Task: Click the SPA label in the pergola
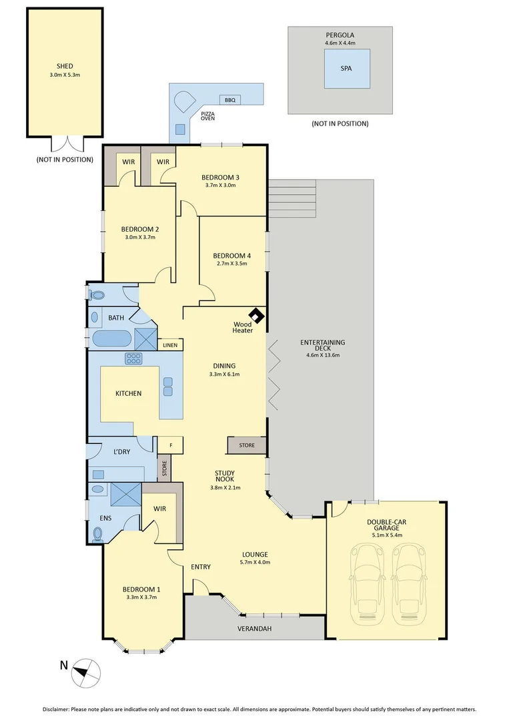pyautogui.click(x=346, y=69)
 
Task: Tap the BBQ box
pyautogui.click(x=230, y=100)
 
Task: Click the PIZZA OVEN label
pyautogui.click(x=207, y=116)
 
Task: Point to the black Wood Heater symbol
pyautogui.click(x=256, y=314)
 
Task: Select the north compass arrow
pyautogui.click(x=86, y=671)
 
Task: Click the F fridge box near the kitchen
pyautogui.click(x=171, y=445)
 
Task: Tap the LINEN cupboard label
pyautogui.click(x=170, y=345)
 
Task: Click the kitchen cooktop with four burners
pyautogui.click(x=133, y=358)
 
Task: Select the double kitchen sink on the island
pyautogui.click(x=167, y=386)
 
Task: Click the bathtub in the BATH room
pyautogui.click(x=111, y=338)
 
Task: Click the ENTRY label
pyautogui.click(x=201, y=567)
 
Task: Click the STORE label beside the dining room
pyautogui.click(x=246, y=445)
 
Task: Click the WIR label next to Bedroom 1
pyautogui.click(x=159, y=509)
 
